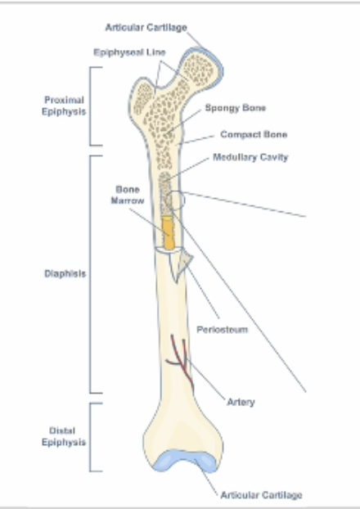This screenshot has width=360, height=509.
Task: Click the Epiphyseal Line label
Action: [129, 52]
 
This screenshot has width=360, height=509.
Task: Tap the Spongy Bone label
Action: [236, 108]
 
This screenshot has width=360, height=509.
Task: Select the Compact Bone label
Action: [254, 134]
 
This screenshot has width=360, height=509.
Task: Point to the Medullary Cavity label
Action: [250, 157]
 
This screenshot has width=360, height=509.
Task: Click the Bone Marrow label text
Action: [128, 195]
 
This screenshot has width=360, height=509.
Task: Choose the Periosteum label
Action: [223, 330]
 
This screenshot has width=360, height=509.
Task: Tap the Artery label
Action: [241, 402]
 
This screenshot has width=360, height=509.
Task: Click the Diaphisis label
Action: [65, 273]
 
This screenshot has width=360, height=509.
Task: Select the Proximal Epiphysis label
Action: [64, 106]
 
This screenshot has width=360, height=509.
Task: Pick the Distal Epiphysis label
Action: [64, 436]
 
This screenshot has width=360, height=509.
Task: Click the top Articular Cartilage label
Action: [146, 28]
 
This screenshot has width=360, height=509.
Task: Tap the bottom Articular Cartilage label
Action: [261, 495]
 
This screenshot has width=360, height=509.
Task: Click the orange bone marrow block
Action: [168, 233]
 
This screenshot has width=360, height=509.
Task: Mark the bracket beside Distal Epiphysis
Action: [91, 437]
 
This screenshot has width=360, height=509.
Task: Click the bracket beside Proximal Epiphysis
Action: [91, 106]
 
